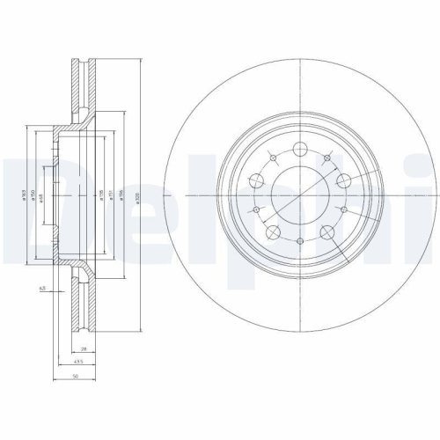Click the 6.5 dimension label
tap(41, 288)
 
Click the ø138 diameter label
tap(101, 199)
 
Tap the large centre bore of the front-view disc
tap(299, 193)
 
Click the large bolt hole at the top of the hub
tap(299, 147)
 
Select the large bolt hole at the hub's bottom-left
tap(272, 232)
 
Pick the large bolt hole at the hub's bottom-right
tap(328, 231)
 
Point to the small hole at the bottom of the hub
tap(300, 242)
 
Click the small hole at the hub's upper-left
tap(272, 158)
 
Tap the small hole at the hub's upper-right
tap(327, 158)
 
